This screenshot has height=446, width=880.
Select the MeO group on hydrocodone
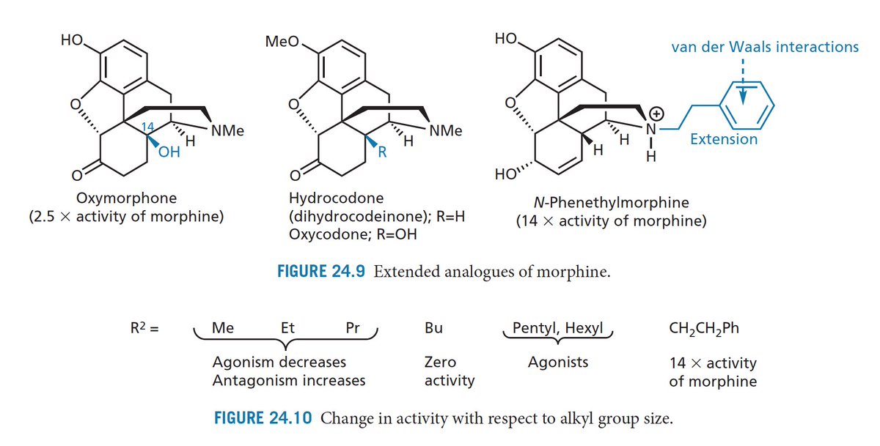coord(282,41)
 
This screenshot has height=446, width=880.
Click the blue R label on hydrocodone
coord(381,153)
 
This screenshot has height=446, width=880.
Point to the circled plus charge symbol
coord(658,114)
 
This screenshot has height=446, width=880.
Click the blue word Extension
coord(724,139)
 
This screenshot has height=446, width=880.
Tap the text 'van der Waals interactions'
coord(764,47)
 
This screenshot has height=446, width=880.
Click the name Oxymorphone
coord(126,198)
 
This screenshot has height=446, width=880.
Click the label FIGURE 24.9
coord(321,272)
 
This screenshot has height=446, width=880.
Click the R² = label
coord(145,328)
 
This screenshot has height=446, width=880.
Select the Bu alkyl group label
coord(433,328)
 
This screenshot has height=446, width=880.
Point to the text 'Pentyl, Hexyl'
coord(557,327)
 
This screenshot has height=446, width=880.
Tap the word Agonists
coord(557,362)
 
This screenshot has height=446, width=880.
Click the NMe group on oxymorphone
coord(227,133)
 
